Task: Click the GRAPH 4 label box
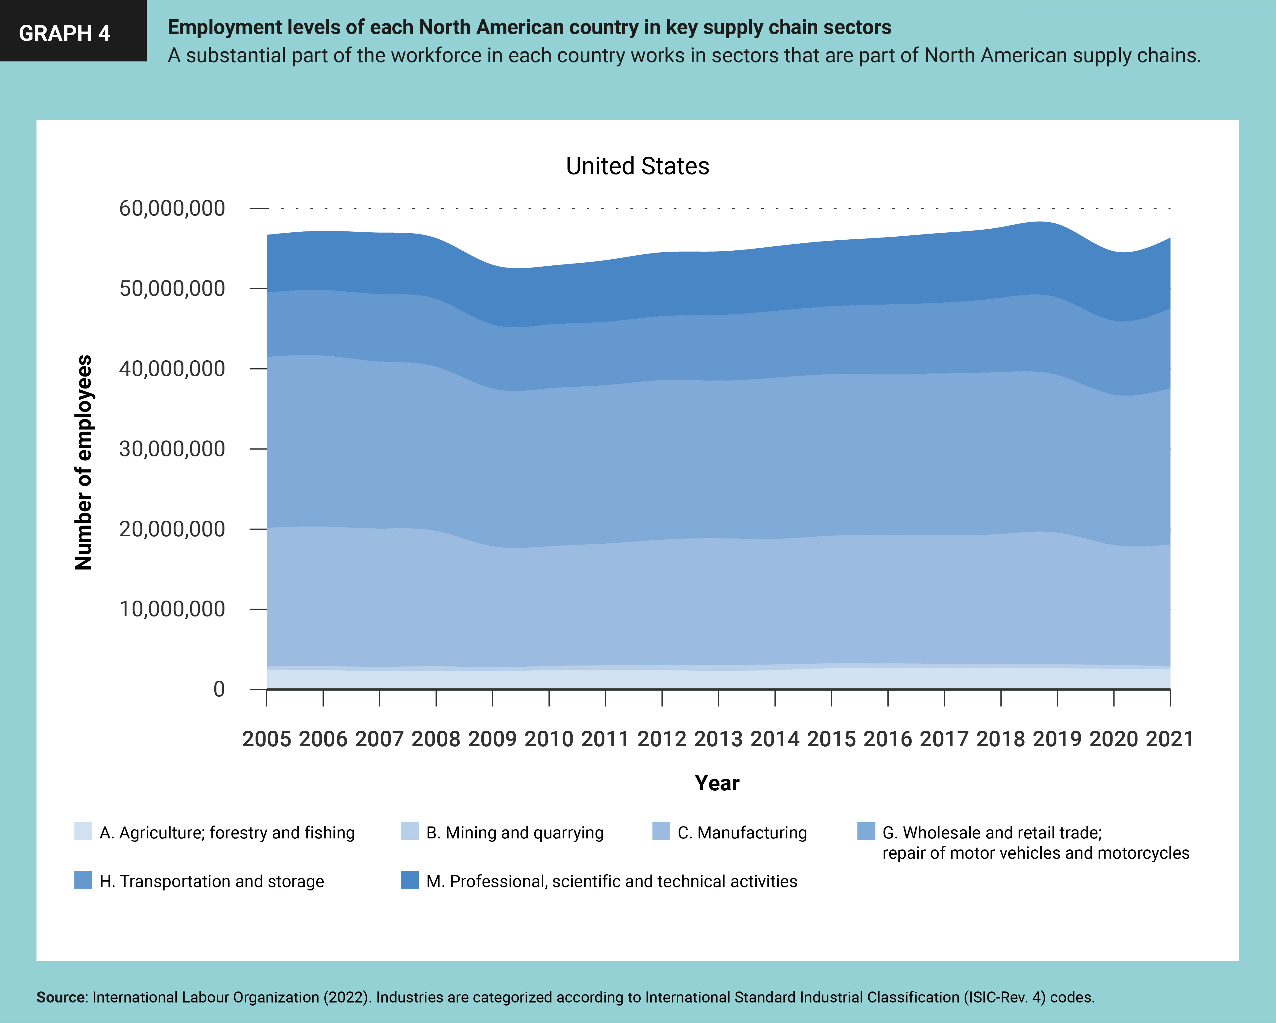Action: (73, 31)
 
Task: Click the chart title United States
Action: (638, 166)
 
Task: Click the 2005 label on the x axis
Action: (266, 739)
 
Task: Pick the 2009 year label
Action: (492, 739)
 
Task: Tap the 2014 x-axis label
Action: (775, 739)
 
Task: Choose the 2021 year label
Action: (1169, 739)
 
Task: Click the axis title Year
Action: (717, 783)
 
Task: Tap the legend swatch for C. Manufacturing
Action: (661, 831)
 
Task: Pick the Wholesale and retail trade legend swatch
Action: (866, 831)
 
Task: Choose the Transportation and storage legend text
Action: (212, 882)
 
